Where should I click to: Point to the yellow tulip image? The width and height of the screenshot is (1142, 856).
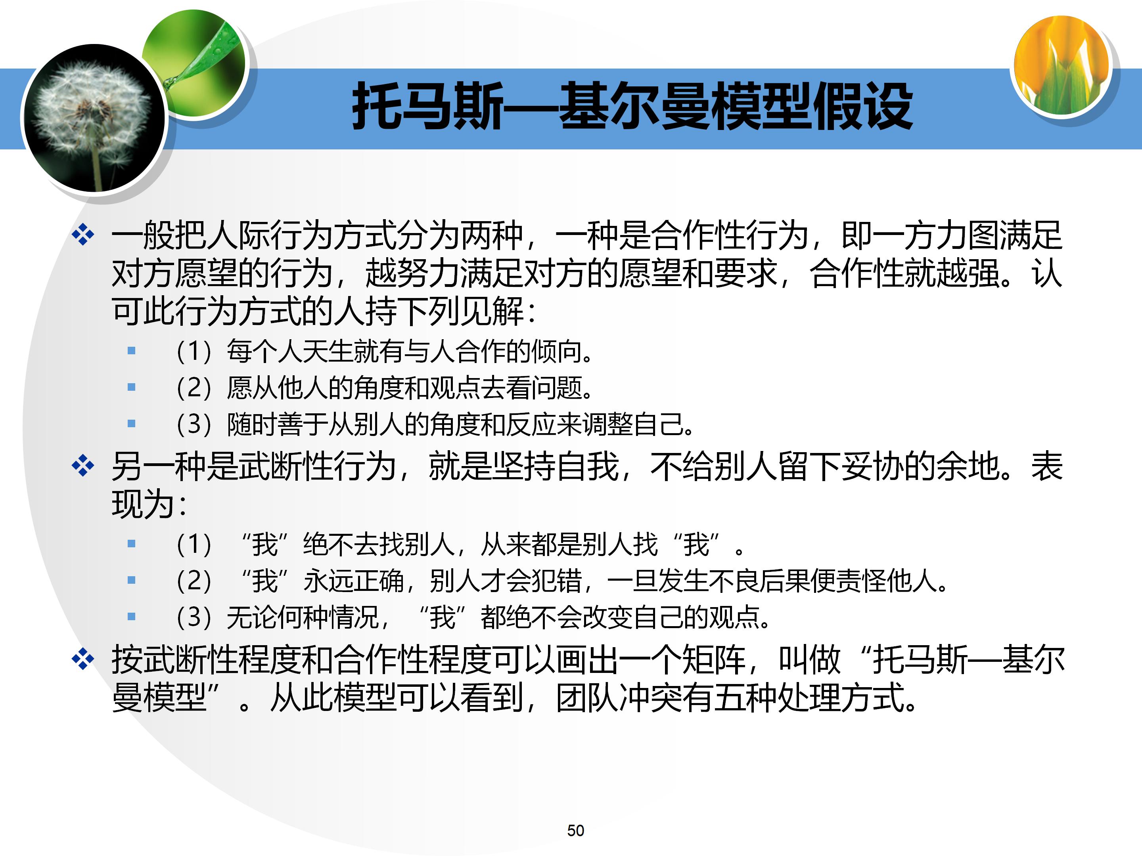1062,65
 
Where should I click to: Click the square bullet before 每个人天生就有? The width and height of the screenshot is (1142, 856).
132,351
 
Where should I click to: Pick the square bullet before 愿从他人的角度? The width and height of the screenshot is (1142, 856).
132,387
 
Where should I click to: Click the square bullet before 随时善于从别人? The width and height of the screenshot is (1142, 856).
132,424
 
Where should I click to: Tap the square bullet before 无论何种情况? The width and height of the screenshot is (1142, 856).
132,616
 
